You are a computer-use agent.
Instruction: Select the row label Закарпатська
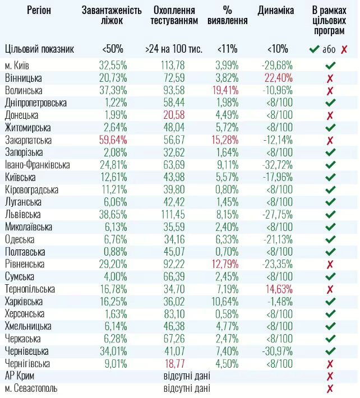pyautogui.click(x=28, y=140)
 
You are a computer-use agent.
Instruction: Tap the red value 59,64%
pyautogui.click(x=113, y=140)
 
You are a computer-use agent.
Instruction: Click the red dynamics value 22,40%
pyautogui.click(x=276, y=78)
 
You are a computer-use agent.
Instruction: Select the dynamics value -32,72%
pyautogui.click(x=276, y=165)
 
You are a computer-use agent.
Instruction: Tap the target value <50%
pyautogui.click(x=113, y=49)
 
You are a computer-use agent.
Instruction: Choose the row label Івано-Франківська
pyautogui.click(x=37, y=165)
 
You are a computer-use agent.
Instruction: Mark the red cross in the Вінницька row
pyautogui.click(x=330, y=78)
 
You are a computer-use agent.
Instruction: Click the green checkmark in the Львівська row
pyautogui.click(x=330, y=214)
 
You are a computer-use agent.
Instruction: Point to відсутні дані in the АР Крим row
pyautogui.click(x=187, y=376)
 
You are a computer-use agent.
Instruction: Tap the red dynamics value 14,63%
pyautogui.click(x=276, y=289)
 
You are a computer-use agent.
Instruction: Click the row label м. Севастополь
pyautogui.click(x=31, y=388)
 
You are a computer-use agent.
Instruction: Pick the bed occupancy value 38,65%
pyautogui.click(x=113, y=214)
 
